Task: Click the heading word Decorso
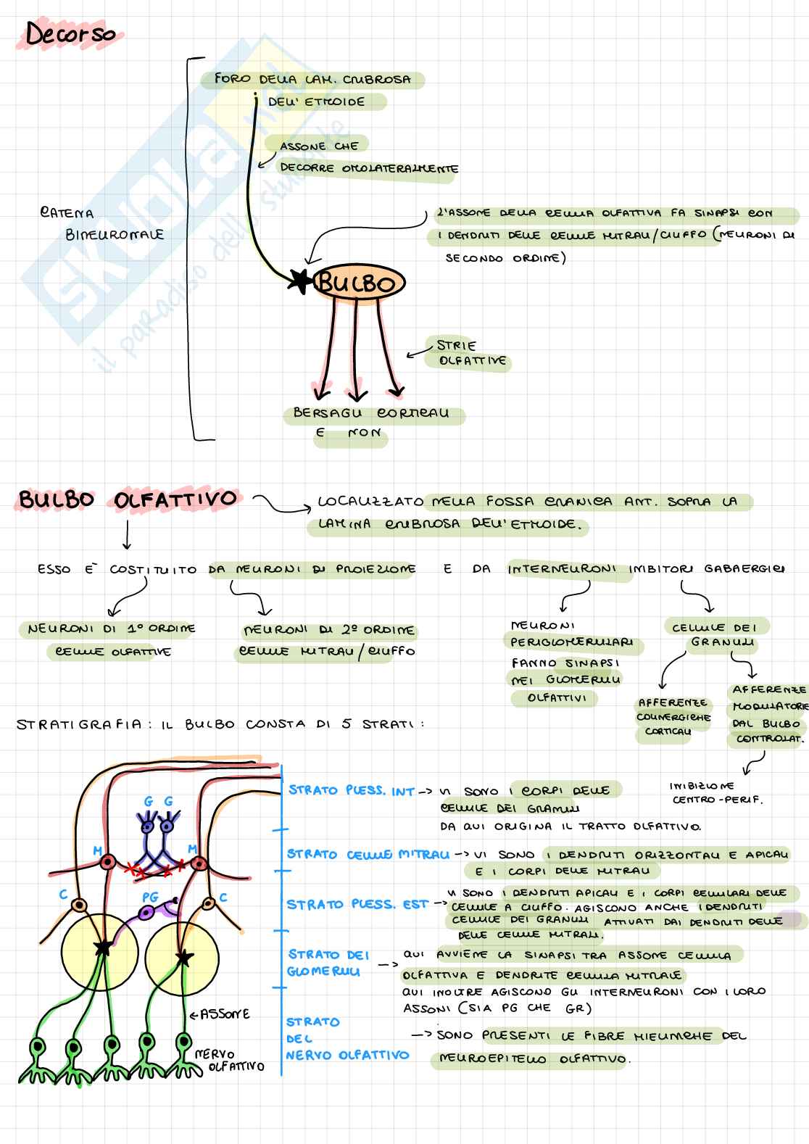70,33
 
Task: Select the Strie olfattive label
470,353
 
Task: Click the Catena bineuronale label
101,223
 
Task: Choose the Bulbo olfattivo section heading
128,500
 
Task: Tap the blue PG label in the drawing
149,898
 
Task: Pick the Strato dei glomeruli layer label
328,963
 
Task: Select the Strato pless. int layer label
351,790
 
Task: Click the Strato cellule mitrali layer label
368,855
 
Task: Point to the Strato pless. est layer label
357,905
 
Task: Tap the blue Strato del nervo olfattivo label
347,1038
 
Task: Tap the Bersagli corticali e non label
370,423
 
